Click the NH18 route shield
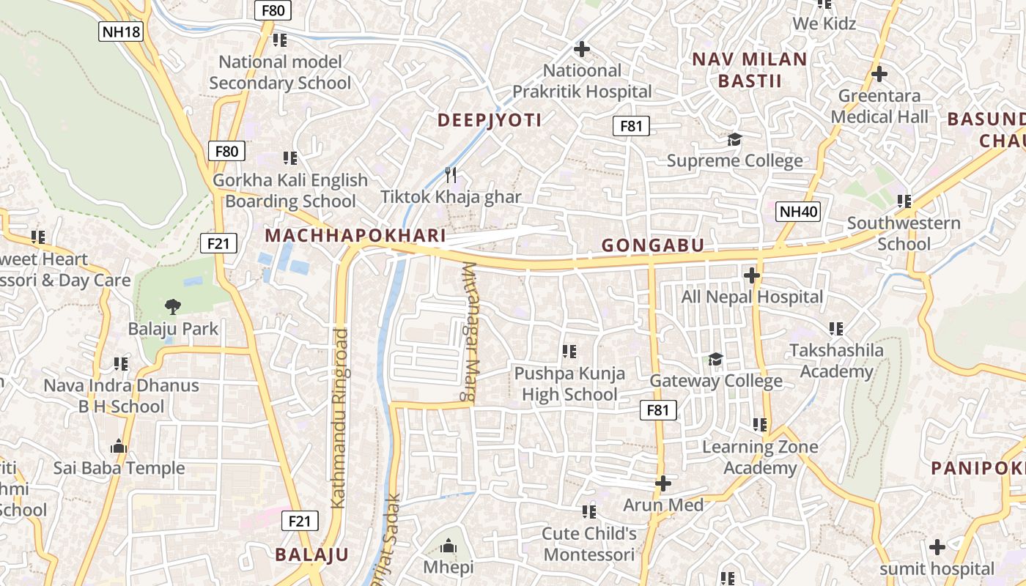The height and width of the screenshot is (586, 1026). click(x=120, y=31)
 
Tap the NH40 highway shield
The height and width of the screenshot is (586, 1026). click(x=798, y=212)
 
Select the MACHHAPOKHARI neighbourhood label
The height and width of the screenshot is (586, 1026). click(x=355, y=235)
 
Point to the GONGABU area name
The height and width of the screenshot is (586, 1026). click(x=652, y=245)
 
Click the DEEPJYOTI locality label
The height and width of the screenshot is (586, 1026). click(x=490, y=120)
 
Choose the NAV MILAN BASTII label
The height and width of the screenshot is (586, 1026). click(x=750, y=70)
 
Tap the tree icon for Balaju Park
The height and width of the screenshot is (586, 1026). click(x=173, y=306)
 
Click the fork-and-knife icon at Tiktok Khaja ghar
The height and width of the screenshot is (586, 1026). click(x=451, y=174)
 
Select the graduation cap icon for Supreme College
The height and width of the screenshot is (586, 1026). click(x=734, y=139)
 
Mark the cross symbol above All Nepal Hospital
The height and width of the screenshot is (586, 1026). click(x=751, y=275)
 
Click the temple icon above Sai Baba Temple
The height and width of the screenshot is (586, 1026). click(x=119, y=446)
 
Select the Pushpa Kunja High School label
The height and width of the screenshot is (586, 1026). click(x=569, y=384)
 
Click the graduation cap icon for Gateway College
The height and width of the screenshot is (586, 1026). click(x=715, y=359)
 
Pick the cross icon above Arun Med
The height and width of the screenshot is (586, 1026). click(x=663, y=483)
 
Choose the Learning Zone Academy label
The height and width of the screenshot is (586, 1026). click(x=760, y=457)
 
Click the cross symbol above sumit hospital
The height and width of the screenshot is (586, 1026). click(x=937, y=547)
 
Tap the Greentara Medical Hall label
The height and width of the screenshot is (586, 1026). click(x=879, y=106)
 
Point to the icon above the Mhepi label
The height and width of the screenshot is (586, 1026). click(x=449, y=546)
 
